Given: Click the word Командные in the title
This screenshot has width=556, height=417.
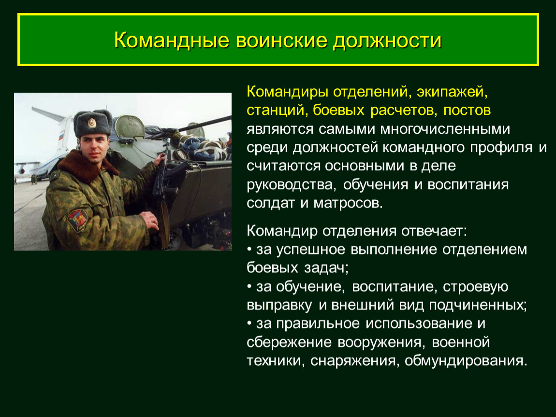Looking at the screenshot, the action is click(172, 41).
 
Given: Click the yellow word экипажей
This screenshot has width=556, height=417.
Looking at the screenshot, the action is click(452, 92).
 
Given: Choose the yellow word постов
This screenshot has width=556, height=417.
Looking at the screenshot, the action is click(467, 111).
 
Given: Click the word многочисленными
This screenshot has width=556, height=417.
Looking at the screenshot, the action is click(445, 129).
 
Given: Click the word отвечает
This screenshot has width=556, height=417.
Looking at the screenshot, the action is click(434, 231).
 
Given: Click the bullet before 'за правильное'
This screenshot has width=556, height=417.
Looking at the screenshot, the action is click(249, 323).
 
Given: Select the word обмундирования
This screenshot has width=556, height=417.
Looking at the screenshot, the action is click(466, 361).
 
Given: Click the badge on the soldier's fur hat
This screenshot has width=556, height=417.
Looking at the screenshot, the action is click(92, 123).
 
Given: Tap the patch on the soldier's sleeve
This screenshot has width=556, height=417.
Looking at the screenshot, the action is click(78, 220).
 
